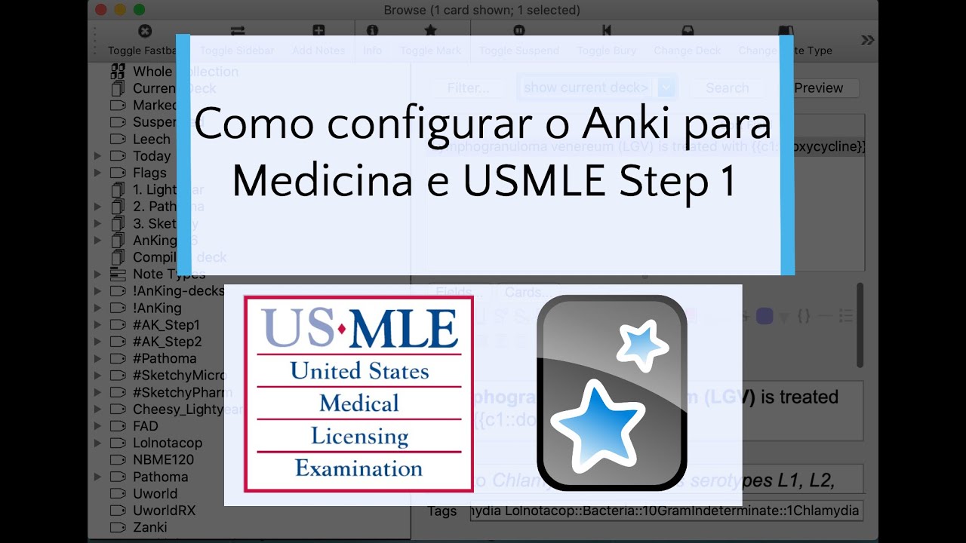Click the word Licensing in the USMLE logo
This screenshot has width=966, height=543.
pyautogui.click(x=359, y=436)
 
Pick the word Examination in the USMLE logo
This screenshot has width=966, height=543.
pyautogui.click(x=359, y=468)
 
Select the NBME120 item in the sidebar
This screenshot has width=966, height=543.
pyautogui.click(x=163, y=459)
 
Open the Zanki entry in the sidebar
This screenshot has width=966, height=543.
pyautogui.click(x=149, y=527)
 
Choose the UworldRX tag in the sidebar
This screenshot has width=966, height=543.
pyautogui.click(x=164, y=511)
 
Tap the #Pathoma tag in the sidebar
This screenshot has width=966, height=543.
pyautogui.click(x=165, y=358)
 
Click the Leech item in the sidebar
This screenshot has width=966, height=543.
pyautogui.click(x=151, y=140)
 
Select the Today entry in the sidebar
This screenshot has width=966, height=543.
pyautogui.click(x=151, y=156)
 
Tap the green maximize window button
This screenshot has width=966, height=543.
pyautogui.click(x=139, y=10)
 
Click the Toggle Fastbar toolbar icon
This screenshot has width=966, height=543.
pyautogui.click(x=145, y=32)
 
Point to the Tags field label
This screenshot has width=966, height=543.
pyautogui.click(x=442, y=511)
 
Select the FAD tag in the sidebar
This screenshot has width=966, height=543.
pyautogui.click(x=145, y=426)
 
